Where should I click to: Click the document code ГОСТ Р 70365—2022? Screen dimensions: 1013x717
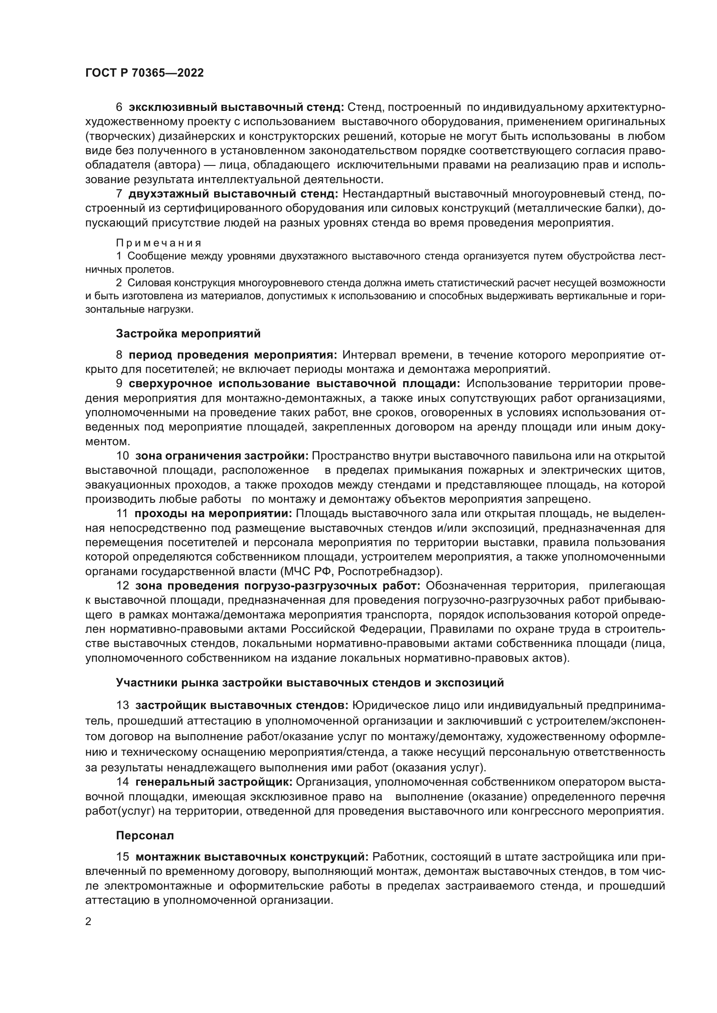point(144,73)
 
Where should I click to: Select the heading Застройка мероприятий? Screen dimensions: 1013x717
point(188,333)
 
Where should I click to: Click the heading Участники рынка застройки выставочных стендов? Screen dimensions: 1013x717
point(310,683)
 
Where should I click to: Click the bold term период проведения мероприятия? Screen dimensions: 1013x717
point(233,355)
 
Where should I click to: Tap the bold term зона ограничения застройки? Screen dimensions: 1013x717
point(223,456)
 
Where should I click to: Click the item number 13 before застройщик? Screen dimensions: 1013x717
point(122,705)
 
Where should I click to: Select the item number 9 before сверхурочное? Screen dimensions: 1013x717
point(119,384)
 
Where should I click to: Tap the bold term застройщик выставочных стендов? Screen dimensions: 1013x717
point(242,705)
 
